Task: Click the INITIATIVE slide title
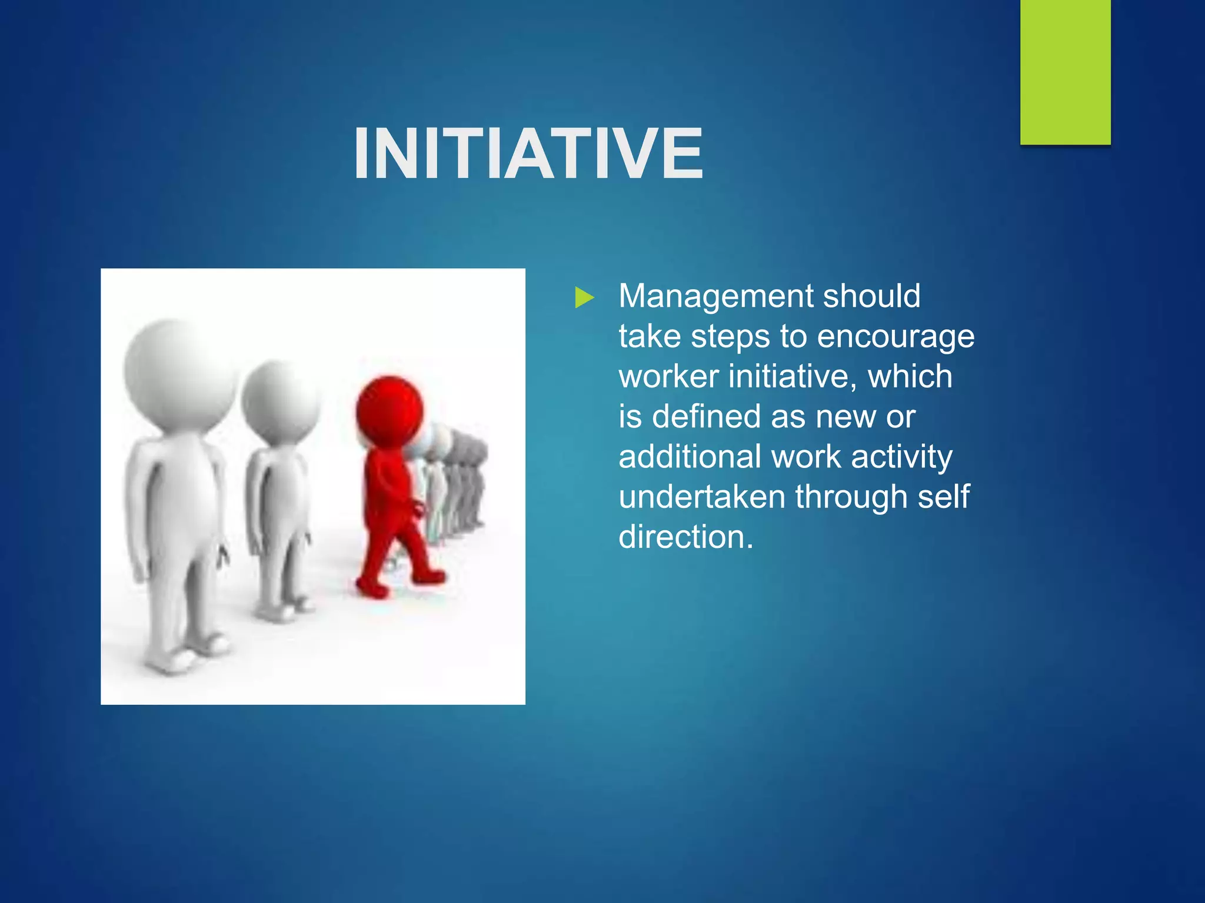pyautogui.click(x=528, y=154)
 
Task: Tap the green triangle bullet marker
pyautogui.click(x=584, y=297)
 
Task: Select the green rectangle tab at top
pyautogui.click(x=1065, y=72)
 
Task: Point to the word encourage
pyautogui.click(x=896, y=337)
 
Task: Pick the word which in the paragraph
pyautogui.click(x=910, y=376)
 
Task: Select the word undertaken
pyautogui.click(x=701, y=497)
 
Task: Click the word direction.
pyautogui.click(x=685, y=537)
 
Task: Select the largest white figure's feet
pyautogui.click(x=188, y=653)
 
